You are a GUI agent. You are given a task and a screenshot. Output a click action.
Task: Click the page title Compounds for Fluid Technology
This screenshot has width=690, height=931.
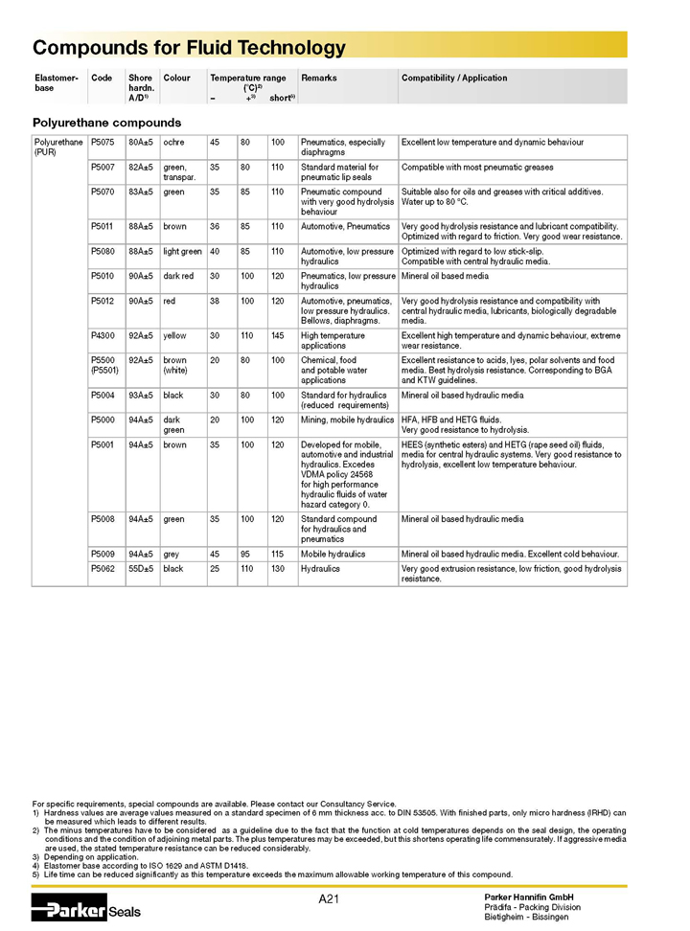pyautogui.click(x=189, y=48)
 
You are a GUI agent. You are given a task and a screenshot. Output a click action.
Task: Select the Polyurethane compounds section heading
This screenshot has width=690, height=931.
pyautogui.click(x=106, y=123)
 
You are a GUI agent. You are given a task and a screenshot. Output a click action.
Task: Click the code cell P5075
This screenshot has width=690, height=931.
pyautogui.click(x=103, y=143)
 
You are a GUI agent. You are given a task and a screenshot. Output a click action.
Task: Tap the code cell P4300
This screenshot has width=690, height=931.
pyautogui.click(x=103, y=336)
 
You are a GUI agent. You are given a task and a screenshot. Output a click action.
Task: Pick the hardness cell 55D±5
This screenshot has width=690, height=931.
pyautogui.click(x=140, y=569)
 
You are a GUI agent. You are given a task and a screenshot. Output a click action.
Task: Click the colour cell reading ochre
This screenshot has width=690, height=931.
pyautogui.click(x=175, y=143)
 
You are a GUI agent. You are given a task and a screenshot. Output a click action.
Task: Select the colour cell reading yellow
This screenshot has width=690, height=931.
pyautogui.click(x=175, y=336)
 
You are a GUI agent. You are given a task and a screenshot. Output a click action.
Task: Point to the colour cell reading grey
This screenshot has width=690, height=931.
pyautogui.click(x=172, y=554)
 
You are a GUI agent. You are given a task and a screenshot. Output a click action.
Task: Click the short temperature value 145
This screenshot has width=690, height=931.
pyautogui.click(x=278, y=336)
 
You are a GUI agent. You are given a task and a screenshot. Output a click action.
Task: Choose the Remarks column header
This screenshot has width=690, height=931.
pyautogui.click(x=318, y=79)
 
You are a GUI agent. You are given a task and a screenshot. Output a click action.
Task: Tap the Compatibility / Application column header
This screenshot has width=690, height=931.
pyautogui.click(x=454, y=79)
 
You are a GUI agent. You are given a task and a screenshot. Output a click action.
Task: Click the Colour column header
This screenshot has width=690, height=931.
pyautogui.click(x=177, y=79)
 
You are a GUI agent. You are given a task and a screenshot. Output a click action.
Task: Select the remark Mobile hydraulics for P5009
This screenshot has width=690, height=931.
pyautogui.click(x=333, y=554)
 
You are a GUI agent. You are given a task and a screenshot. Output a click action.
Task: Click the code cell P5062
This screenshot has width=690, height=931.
pyautogui.click(x=103, y=569)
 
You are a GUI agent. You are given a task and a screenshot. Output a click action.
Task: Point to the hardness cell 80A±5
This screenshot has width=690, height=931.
pyautogui.click(x=140, y=143)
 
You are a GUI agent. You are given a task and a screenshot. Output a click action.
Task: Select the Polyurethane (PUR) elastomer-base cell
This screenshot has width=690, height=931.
pyautogui.click(x=57, y=148)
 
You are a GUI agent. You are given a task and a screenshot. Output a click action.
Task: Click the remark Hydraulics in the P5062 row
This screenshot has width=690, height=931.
pyautogui.click(x=320, y=569)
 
